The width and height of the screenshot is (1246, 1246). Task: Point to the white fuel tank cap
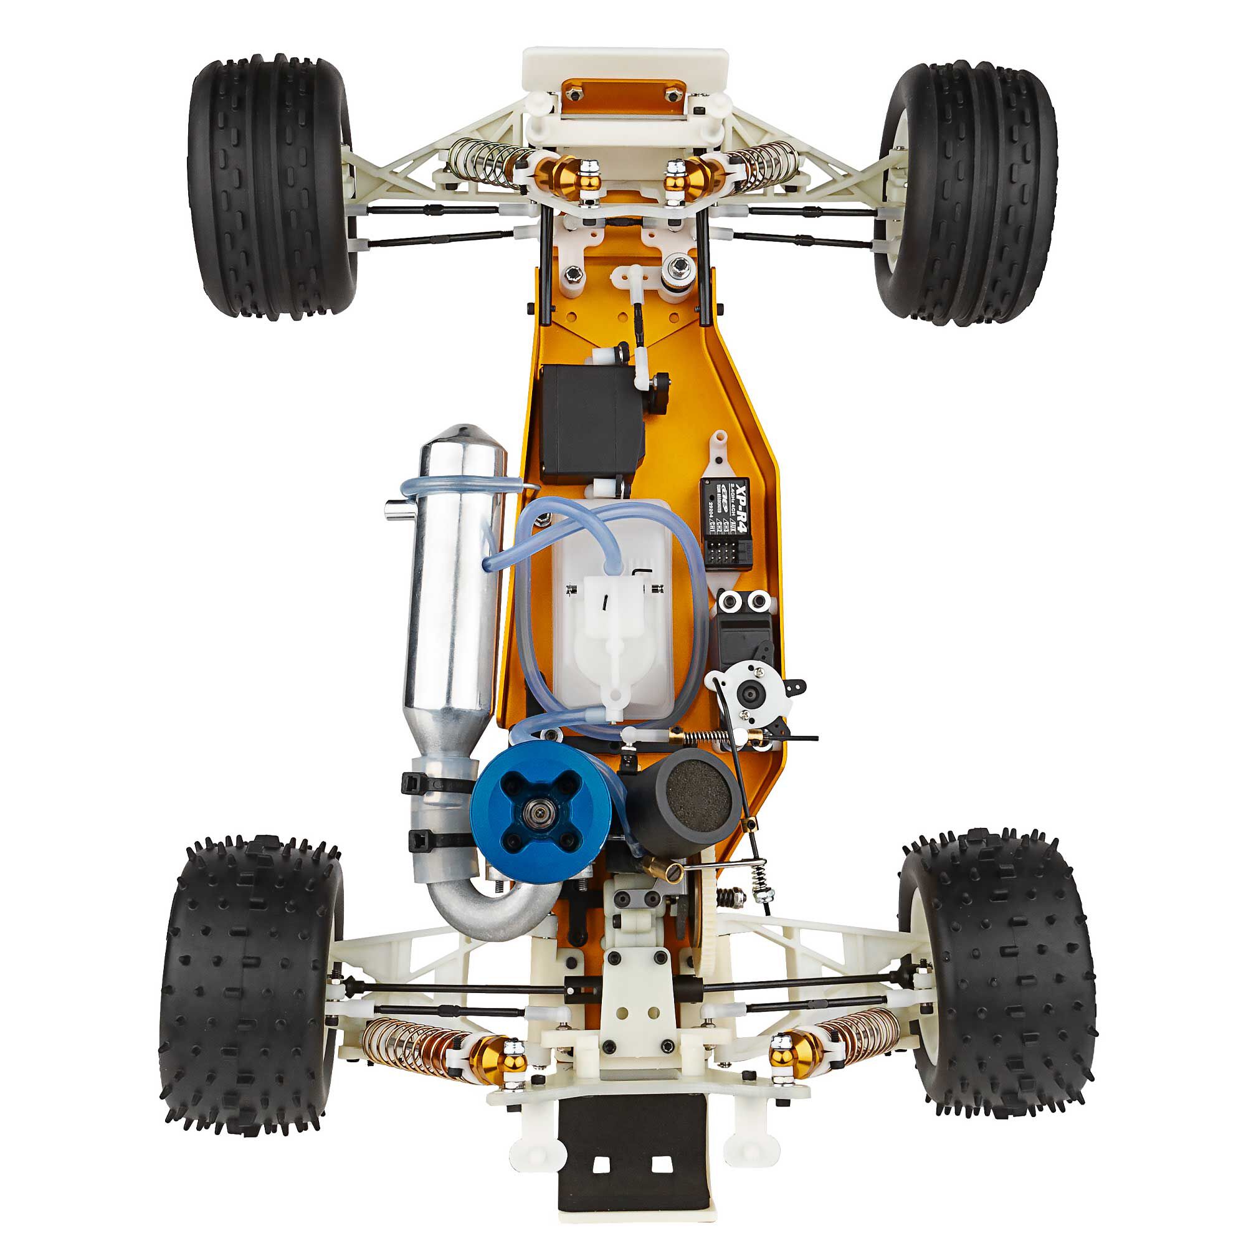613,600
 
